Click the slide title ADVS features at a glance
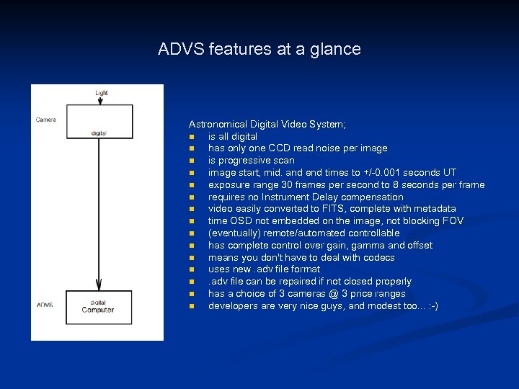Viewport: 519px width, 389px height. [x=259, y=50]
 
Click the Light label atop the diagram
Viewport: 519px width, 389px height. [x=101, y=92]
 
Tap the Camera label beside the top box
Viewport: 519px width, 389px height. [x=45, y=120]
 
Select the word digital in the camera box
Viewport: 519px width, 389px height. [x=99, y=133]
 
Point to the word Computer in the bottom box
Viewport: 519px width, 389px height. [x=98, y=310]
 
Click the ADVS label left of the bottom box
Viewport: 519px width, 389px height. [x=45, y=305]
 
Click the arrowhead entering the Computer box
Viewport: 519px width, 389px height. [x=99, y=286]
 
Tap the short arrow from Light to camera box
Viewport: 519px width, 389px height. [x=100, y=100]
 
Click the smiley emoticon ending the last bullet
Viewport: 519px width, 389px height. [x=431, y=306]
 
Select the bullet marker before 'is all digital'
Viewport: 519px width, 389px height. [x=192, y=137]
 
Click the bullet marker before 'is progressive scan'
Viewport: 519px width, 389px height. [x=192, y=161]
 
